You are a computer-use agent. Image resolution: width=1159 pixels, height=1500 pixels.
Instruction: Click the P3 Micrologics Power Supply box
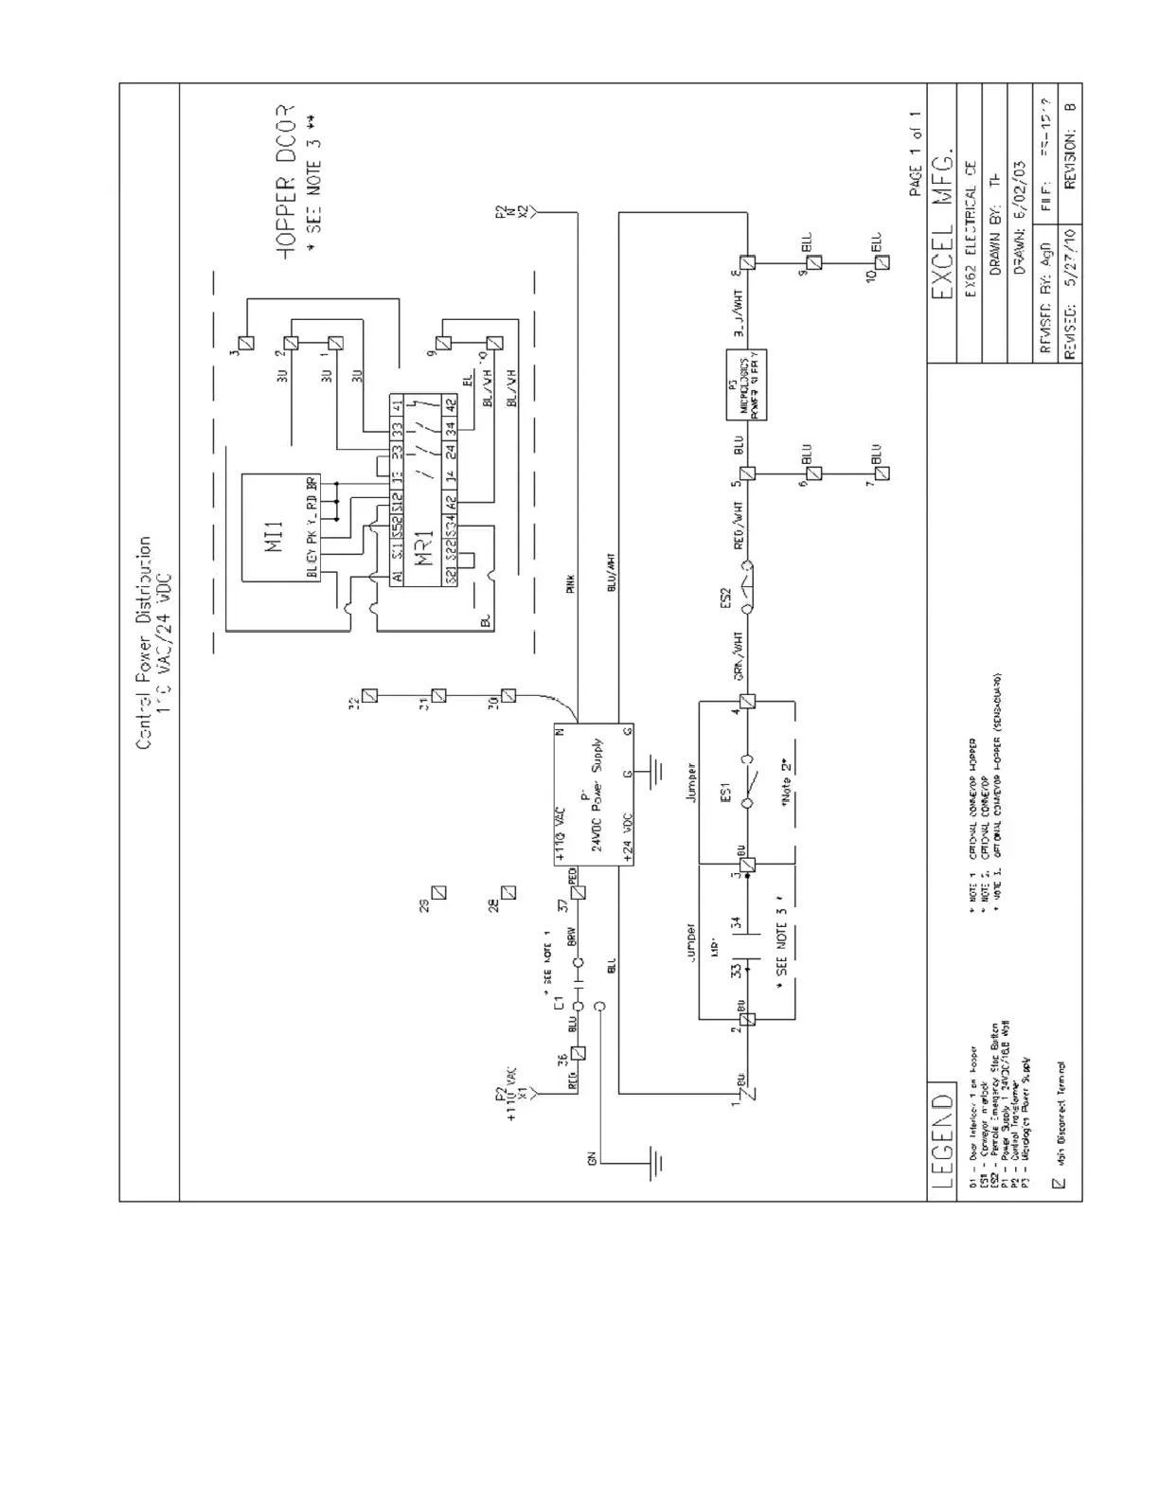pos(746,384)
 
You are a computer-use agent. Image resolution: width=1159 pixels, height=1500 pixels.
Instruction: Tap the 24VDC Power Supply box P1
pos(594,795)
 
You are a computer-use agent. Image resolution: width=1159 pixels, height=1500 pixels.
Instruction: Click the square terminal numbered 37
pos(579,892)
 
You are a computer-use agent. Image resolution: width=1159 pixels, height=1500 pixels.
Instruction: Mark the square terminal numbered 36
pos(579,1052)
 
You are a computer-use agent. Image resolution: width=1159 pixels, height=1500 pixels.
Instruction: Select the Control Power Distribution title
pos(144,643)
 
